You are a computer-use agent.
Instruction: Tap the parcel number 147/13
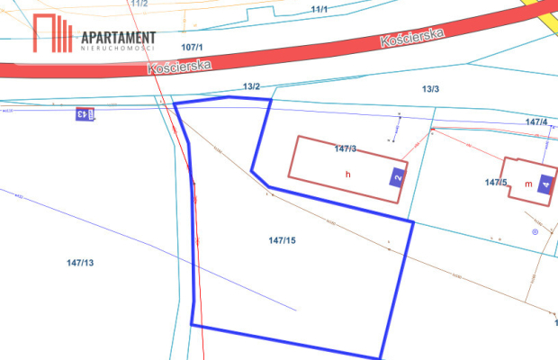80,263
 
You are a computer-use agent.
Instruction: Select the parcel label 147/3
345,148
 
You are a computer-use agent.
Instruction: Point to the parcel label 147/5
496,183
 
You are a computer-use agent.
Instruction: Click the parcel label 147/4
535,121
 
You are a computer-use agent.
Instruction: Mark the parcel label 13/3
430,88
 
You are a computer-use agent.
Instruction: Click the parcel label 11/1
319,9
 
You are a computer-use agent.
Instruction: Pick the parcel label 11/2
139,4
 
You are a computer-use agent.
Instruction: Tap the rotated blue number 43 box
81,113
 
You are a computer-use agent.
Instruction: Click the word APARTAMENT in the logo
118,37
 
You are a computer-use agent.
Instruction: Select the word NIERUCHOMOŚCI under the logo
118,49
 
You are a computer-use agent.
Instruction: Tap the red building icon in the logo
53,34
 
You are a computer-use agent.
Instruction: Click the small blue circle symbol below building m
535,232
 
